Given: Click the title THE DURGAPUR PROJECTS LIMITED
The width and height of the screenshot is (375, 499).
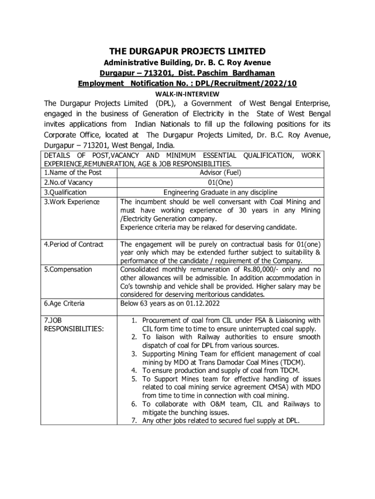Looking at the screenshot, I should (x=187, y=51).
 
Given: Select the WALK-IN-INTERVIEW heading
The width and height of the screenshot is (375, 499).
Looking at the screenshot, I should (x=187, y=94).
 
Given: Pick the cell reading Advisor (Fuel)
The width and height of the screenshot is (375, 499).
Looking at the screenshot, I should (x=220, y=173).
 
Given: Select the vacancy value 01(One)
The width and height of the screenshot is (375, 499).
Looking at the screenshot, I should (x=220, y=183).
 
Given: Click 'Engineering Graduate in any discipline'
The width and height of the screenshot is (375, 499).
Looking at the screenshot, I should (x=220, y=192).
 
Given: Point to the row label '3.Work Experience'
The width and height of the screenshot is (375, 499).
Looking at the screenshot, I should (x=72, y=202).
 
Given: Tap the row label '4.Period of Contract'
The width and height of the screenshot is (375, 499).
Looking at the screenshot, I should (x=74, y=244).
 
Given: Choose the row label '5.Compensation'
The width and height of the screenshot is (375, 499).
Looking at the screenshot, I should (x=68, y=269).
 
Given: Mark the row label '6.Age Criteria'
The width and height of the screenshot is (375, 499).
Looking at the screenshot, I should (x=64, y=304).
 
